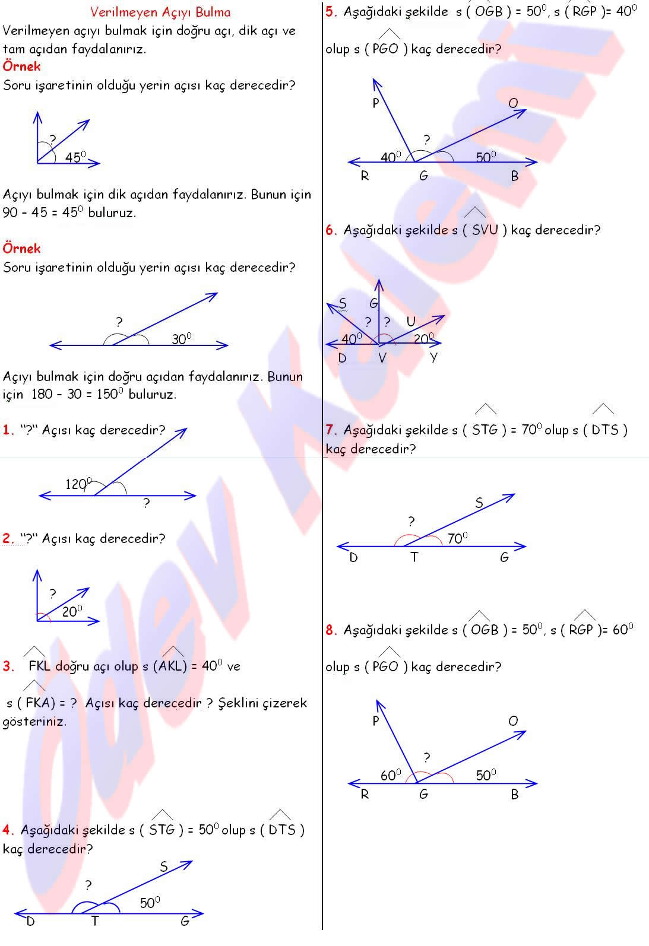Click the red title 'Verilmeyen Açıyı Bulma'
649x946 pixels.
pyautogui.click(x=160, y=12)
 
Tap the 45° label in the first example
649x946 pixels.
pyautogui.click(x=75, y=157)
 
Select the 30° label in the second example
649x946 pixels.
pyautogui.click(x=182, y=339)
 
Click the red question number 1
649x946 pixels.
pyautogui.click(x=7, y=430)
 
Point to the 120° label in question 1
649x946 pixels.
pyautogui.click(x=78, y=484)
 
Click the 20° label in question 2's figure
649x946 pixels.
pyautogui.click(x=72, y=611)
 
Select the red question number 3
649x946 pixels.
pyautogui.click(x=8, y=666)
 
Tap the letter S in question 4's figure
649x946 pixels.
pyautogui.click(x=164, y=867)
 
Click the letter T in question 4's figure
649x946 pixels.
pyautogui.click(x=94, y=922)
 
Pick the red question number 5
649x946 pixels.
pyautogui.click(x=331, y=11)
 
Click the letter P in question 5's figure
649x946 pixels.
pyautogui.click(x=376, y=103)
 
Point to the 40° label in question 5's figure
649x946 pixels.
pyautogui.click(x=391, y=157)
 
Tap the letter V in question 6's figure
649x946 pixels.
pyautogui.click(x=382, y=358)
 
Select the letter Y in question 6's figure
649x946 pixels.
pyautogui.click(x=433, y=358)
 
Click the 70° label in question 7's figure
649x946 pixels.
pyautogui.click(x=457, y=538)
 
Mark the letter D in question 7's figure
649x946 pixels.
pyautogui.click(x=354, y=558)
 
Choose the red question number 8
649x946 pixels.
pyautogui.click(x=331, y=630)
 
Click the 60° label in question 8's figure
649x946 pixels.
pyautogui.click(x=391, y=775)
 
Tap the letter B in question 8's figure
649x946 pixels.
pyautogui.click(x=514, y=795)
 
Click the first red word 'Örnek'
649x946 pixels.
pyautogui.click(x=22, y=66)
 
